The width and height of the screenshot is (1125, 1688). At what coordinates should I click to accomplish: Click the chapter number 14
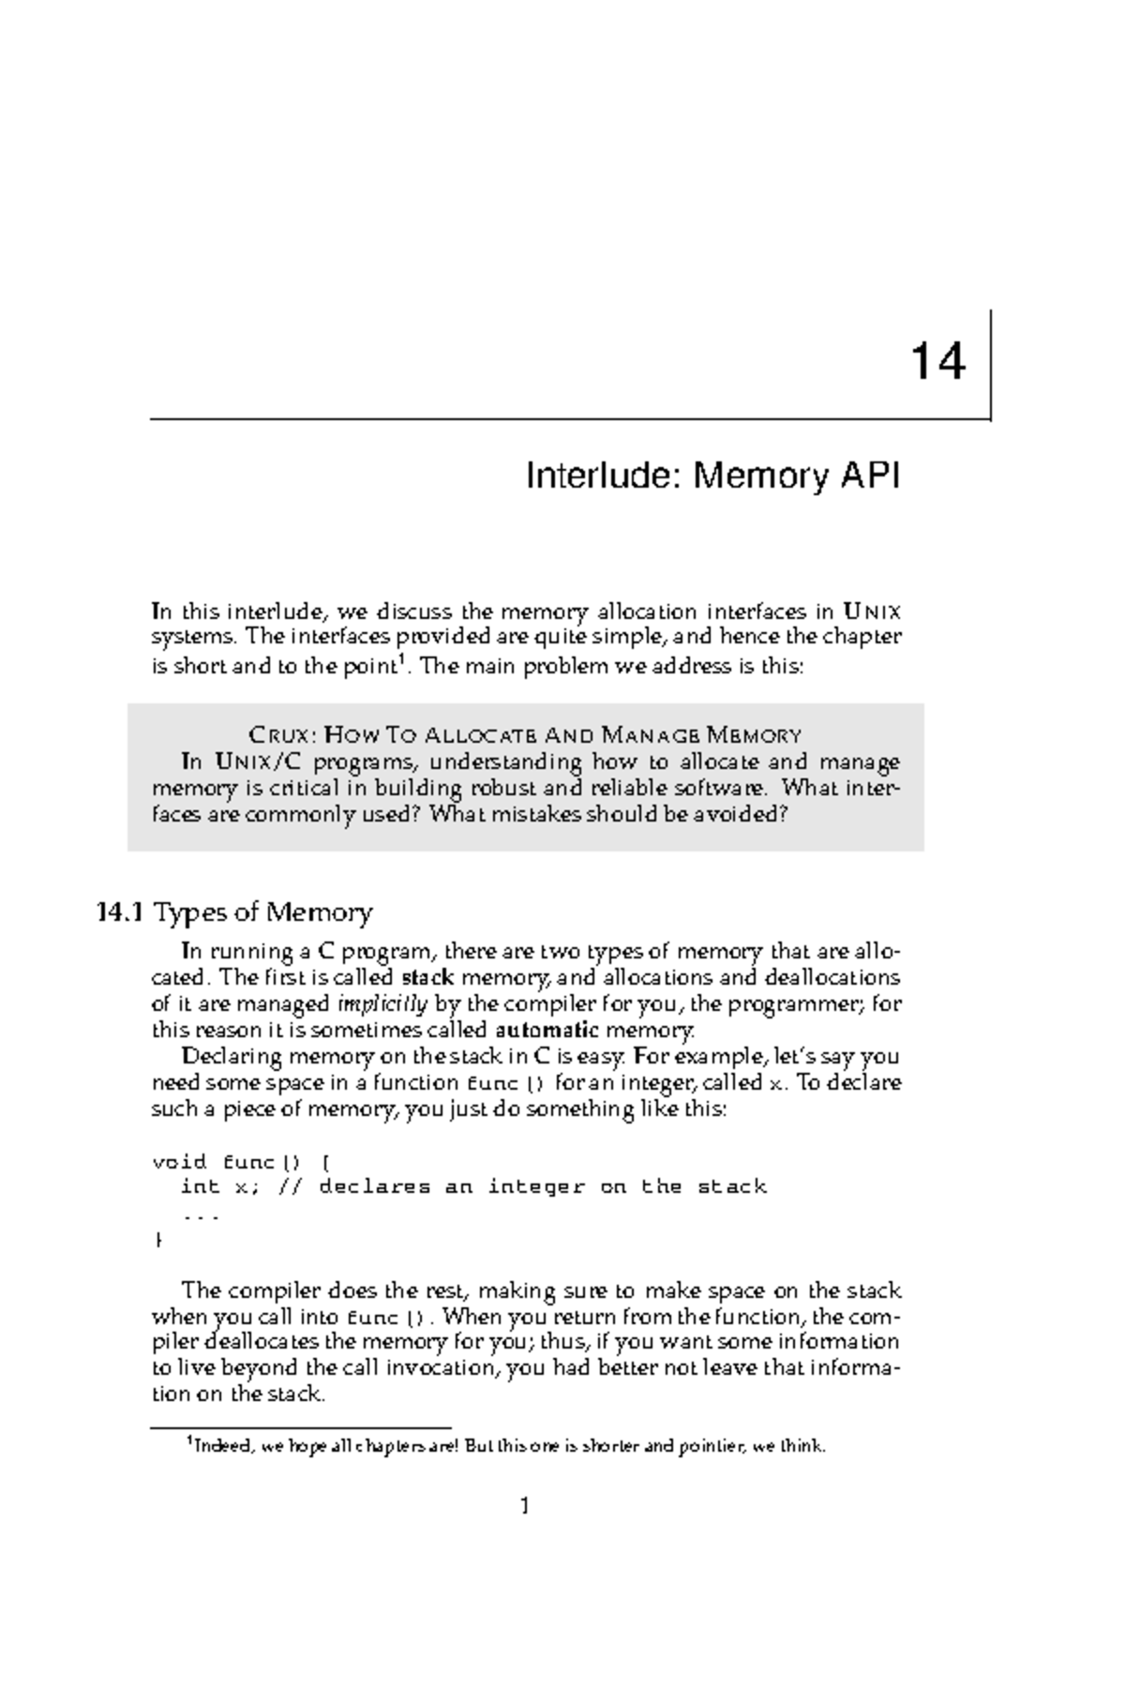937,361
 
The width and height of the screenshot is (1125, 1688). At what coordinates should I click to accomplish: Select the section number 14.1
119,912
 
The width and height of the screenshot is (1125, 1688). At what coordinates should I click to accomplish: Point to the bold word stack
427,977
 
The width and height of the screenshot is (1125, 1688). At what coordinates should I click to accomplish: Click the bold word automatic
547,1030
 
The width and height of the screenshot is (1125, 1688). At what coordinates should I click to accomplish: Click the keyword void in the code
180,1162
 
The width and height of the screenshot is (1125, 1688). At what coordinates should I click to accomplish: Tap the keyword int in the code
199,1187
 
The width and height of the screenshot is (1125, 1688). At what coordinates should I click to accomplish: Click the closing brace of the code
157,1240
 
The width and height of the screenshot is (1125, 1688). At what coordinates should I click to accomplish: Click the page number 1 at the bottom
525,1506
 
